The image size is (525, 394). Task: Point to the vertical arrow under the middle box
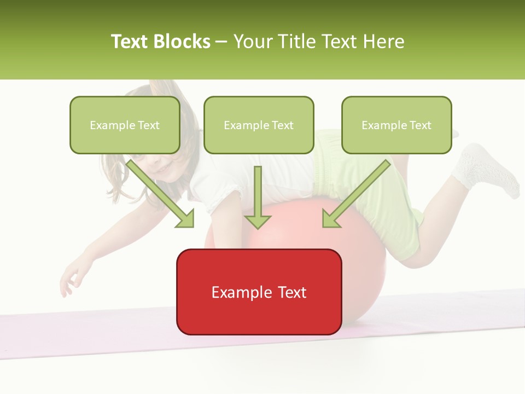(x=258, y=197)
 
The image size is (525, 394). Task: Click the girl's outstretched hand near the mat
(x=71, y=276)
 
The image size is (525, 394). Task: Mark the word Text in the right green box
(x=420, y=125)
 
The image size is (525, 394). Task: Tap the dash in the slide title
(x=221, y=42)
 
